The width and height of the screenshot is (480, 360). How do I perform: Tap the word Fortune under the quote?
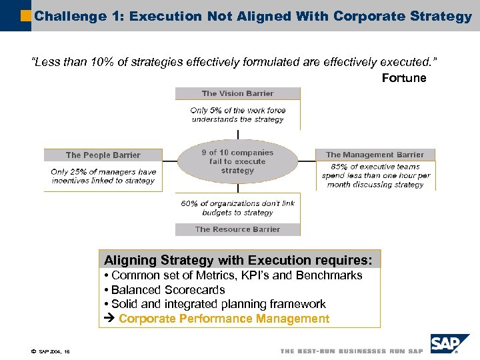(x=403, y=78)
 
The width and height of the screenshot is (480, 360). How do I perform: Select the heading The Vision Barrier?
(x=237, y=93)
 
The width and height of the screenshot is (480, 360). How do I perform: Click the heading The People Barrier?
(x=103, y=155)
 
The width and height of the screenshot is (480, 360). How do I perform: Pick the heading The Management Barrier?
(x=375, y=155)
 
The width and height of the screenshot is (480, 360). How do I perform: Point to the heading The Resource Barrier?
(x=237, y=229)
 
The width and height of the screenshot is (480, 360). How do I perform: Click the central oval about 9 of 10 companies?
(x=237, y=161)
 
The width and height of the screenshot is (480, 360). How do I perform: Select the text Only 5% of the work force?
(x=237, y=110)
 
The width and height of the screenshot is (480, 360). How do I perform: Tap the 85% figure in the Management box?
(x=339, y=167)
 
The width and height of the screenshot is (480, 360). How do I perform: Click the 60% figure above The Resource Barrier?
(x=190, y=203)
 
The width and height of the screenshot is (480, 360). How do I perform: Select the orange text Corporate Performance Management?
(x=224, y=319)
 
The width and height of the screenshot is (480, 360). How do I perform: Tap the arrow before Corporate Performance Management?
(x=110, y=319)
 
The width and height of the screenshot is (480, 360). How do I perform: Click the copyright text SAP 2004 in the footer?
(x=50, y=350)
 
